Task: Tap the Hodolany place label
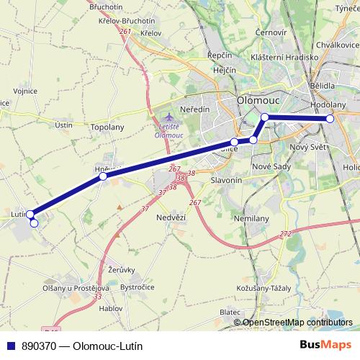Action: (328, 104)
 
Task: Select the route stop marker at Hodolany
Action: (330, 119)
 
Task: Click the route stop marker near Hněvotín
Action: (103, 176)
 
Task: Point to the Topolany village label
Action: (108, 127)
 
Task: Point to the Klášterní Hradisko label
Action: (284, 57)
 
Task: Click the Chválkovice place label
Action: (336, 45)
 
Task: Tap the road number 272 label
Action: (286, 234)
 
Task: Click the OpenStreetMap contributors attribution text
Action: (297, 323)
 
